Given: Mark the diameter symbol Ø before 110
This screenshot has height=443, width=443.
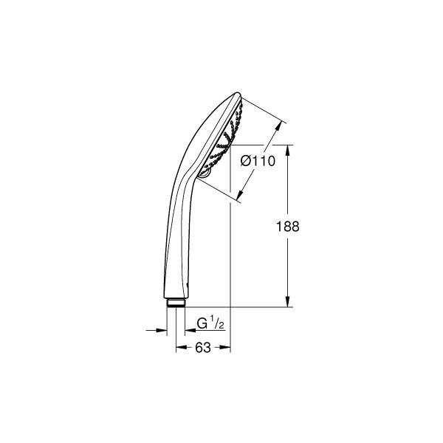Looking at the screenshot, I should click(x=247, y=162).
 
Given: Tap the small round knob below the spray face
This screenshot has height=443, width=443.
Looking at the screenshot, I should click(x=204, y=173).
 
